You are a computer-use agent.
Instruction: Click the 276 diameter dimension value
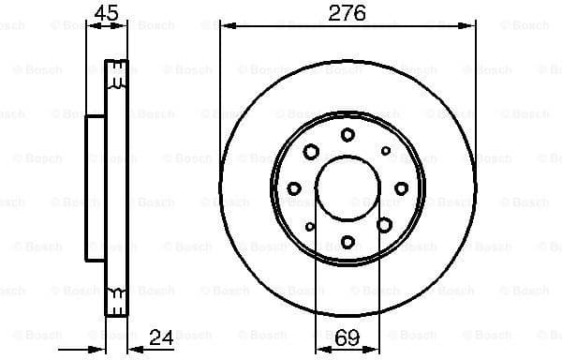[x=348, y=12]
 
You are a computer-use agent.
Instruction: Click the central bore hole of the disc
[x=348, y=187]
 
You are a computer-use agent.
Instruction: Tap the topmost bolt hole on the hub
[x=348, y=135]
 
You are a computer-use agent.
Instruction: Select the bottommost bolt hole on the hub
[x=348, y=241]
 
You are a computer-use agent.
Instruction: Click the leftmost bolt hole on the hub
[x=294, y=188]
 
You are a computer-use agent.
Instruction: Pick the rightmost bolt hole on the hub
[x=400, y=187]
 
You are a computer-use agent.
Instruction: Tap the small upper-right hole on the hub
[x=385, y=150]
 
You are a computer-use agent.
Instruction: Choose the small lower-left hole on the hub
[x=310, y=226]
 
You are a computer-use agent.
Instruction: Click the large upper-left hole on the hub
[x=310, y=151]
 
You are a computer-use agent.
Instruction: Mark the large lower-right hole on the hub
[x=384, y=223]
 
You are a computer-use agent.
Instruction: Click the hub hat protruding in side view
[x=96, y=187]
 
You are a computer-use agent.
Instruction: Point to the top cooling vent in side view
[x=117, y=80]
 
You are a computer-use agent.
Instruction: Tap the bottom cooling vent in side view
[x=117, y=297]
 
